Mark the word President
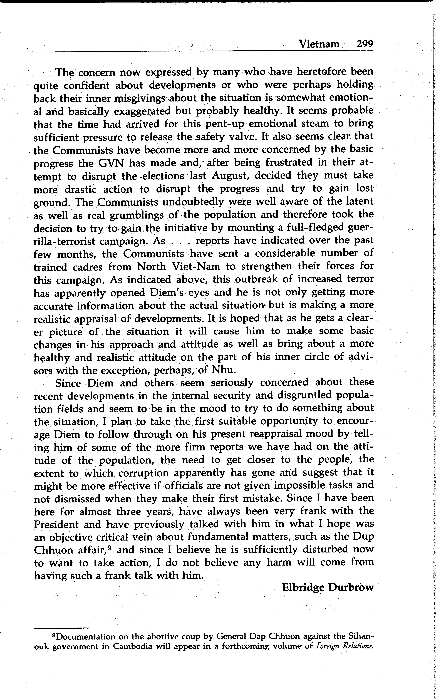[56, 524]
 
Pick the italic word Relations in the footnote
[358, 646]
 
